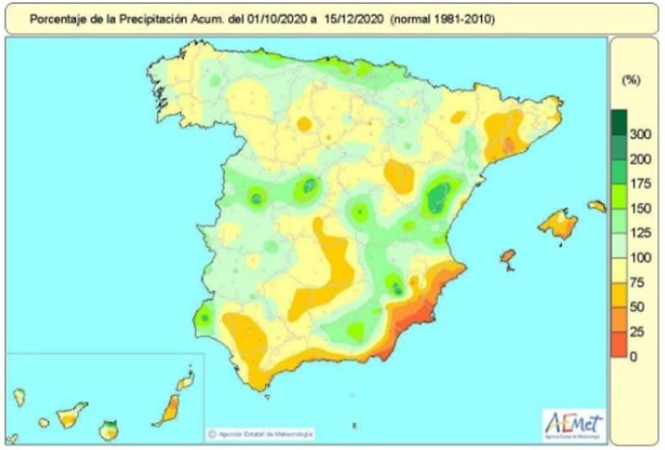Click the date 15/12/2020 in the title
[327, 16]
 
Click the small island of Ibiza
[508, 257]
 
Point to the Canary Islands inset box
[100, 397]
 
